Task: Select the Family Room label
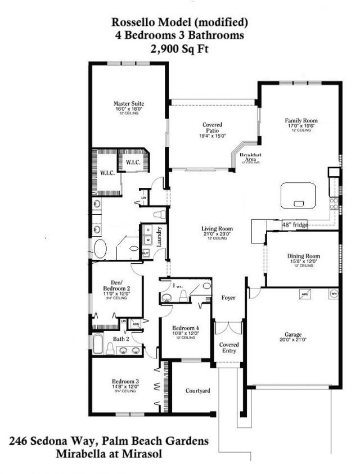301,120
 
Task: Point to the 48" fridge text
295,224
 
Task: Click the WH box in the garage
334,294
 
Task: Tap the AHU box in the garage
305,294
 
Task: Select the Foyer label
228,297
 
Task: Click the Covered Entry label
229,347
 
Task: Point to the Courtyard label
198,390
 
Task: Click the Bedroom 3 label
127,381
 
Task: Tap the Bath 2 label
121,338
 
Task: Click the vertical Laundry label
161,237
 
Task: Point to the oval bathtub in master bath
101,249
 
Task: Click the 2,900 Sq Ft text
179,49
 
